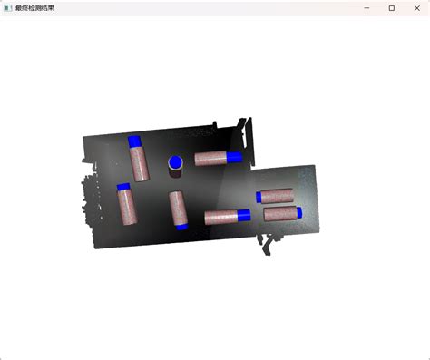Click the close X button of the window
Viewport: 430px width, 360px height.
tap(417, 8)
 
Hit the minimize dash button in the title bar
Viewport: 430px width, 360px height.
tap(366, 8)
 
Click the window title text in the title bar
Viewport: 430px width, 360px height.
tap(34, 8)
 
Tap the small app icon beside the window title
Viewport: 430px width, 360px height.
tap(8, 8)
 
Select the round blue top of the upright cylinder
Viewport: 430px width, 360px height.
tap(175, 162)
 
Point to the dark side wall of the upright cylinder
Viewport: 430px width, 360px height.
tap(175, 173)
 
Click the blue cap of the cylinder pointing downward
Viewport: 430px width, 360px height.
tap(181, 227)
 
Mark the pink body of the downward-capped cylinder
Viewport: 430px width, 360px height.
tap(178, 208)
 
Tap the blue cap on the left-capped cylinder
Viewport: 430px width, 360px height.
tap(259, 198)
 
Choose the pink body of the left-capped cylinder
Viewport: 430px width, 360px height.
tap(278, 196)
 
